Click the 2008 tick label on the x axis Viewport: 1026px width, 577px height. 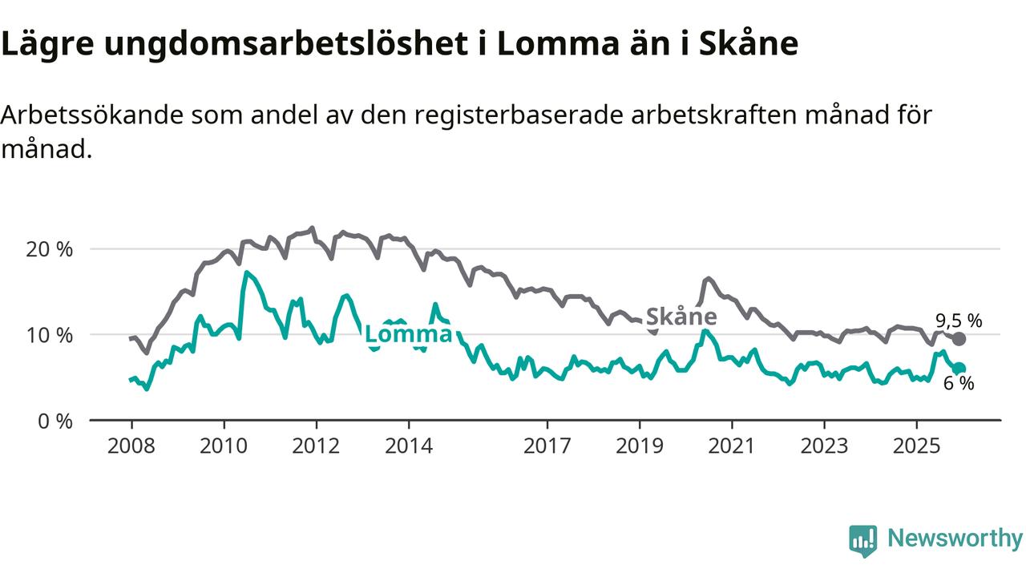pyautogui.click(x=131, y=446)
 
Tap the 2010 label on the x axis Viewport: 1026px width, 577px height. pyautogui.click(x=224, y=446)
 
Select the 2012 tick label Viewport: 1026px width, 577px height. pyautogui.click(x=316, y=446)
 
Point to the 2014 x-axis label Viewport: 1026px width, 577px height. pyautogui.click(x=408, y=446)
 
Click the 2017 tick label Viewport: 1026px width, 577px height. pyautogui.click(x=547, y=446)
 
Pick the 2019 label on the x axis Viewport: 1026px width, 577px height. pyautogui.click(x=640, y=446)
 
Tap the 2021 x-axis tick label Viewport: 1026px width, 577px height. pyautogui.click(x=732, y=446)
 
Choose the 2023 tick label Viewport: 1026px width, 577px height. pyautogui.click(x=824, y=446)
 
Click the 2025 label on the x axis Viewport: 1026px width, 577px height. pyautogui.click(x=916, y=446)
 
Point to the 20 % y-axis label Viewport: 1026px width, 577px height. pyautogui.click(x=50, y=249)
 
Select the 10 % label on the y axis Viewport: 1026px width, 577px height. pyautogui.click(x=50, y=335)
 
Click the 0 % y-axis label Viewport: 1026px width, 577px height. pyautogui.click(x=55, y=420)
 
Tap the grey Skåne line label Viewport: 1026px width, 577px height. pyautogui.click(x=681, y=317)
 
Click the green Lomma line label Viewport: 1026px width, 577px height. pyautogui.click(x=408, y=334)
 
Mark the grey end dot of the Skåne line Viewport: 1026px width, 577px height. pyautogui.click(x=959, y=339)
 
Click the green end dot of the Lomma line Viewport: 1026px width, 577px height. pyautogui.click(x=959, y=369)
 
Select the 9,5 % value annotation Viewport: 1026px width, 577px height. pyautogui.click(x=959, y=321)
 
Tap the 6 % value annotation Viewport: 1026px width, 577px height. pyautogui.click(x=959, y=384)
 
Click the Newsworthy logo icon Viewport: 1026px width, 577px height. pyautogui.click(x=862, y=540)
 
